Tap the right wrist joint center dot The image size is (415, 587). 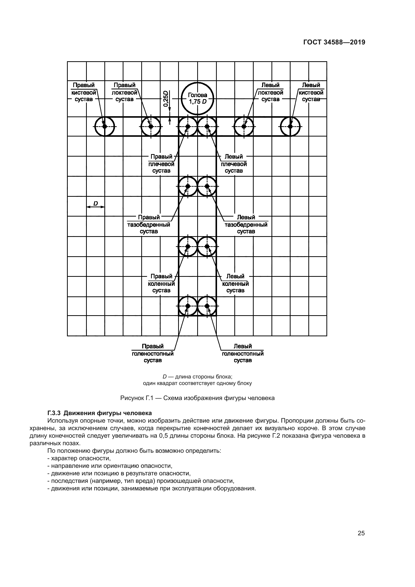[104, 126]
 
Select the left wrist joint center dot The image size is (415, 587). [290, 126]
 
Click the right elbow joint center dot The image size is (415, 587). [151, 126]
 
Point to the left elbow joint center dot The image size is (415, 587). [244, 126]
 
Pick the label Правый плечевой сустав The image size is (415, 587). [162, 164]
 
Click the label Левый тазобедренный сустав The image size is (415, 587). [246, 224]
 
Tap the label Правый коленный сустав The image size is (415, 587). [162, 284]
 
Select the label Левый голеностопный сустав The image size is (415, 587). [243, 353]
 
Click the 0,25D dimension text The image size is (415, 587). [166, 98]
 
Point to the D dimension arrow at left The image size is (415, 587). [96, 207]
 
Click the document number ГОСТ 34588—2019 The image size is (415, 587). [334, 42]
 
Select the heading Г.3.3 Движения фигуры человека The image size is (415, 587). [100, 413]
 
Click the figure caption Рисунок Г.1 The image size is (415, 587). [197, 398]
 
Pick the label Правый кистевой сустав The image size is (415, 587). [84, 92]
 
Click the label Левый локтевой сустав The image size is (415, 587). [270, 92]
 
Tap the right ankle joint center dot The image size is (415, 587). [188, 306]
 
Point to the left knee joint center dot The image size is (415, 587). [207, 246]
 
